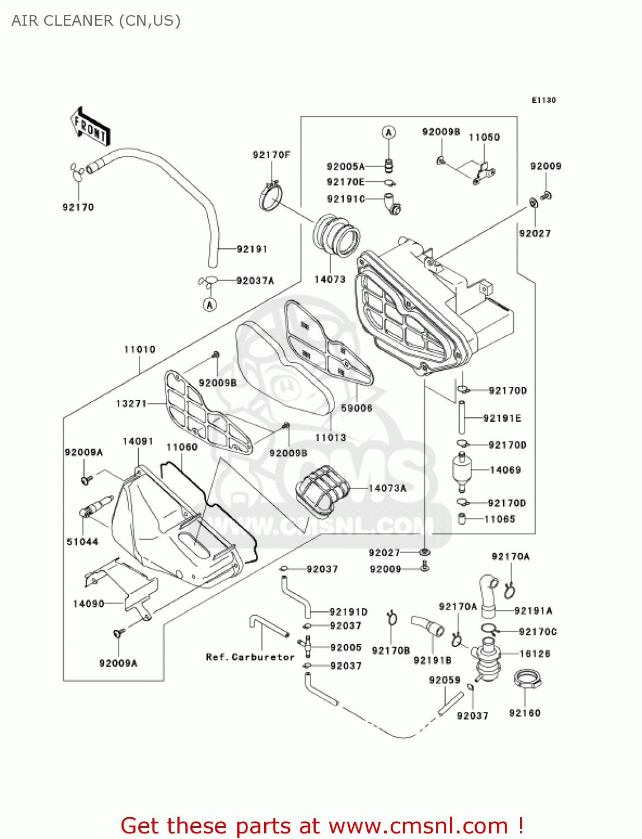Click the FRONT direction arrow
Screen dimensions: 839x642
[x=90, y=128]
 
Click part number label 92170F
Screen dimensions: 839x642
[x=271, y=155]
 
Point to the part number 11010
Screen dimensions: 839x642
[x=139, y=350]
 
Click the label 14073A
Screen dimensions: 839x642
[x=387, y=488]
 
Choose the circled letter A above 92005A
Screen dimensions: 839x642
[x=388, y=133]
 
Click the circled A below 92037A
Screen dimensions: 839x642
[x=209, y=305]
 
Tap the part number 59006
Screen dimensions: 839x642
[x=357, y=408]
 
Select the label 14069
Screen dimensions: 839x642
[x=505, y=470]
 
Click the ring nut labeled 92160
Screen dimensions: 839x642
[x=526, y=680]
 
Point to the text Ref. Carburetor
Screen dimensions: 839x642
[x=250, y=657]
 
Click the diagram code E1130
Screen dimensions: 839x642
[x=543, y=100]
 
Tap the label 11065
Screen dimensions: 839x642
[x=499, y=519]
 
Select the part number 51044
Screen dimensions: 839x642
[x=82, y=541]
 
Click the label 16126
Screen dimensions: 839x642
[x=535, y=653]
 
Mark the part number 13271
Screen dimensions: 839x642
[x=131, y=403]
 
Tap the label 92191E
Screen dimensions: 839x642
[x=502, y=418]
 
